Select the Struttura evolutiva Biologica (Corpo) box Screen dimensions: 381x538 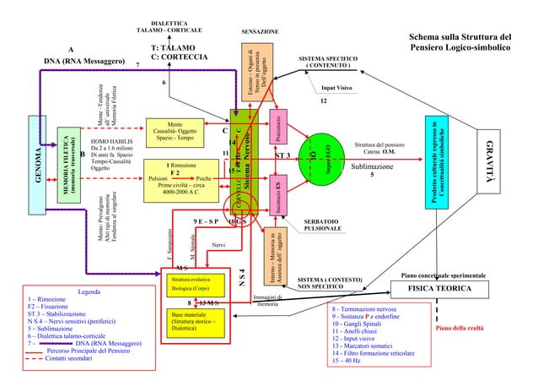tap(194, 283)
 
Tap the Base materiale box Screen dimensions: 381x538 tap(194, 323)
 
